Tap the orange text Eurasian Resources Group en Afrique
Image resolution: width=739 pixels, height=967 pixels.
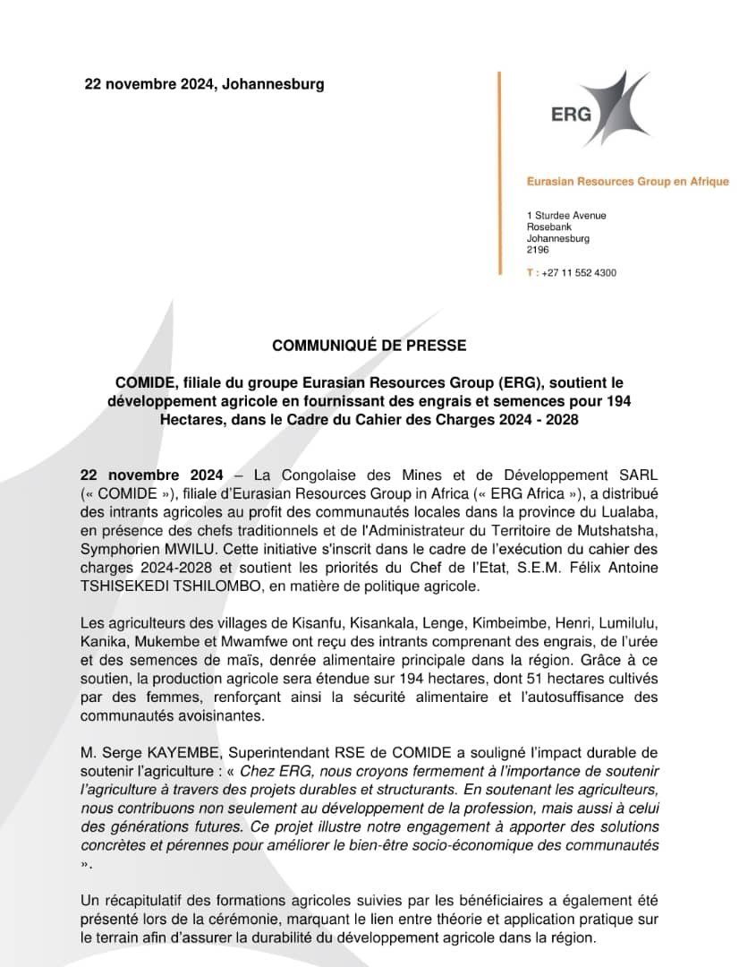[627, 182]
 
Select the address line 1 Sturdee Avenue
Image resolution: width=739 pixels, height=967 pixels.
[566, 216]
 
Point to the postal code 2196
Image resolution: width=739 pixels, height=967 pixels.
[538, 251]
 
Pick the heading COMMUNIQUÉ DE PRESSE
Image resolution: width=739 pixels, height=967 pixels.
[369, 345]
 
